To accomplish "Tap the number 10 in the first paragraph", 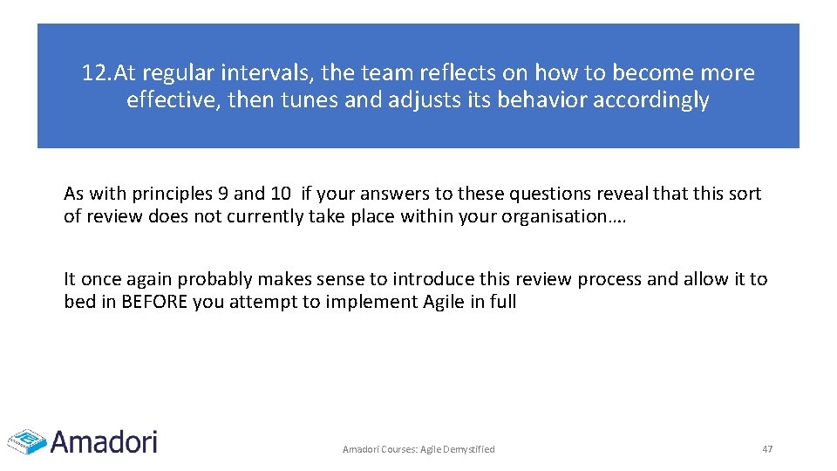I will coord(281,194).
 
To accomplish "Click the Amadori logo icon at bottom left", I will coord(27,441).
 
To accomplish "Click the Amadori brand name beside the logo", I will coord(104,441).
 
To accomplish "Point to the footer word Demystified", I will coord(470,449).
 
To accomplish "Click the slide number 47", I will coord(767,449).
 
